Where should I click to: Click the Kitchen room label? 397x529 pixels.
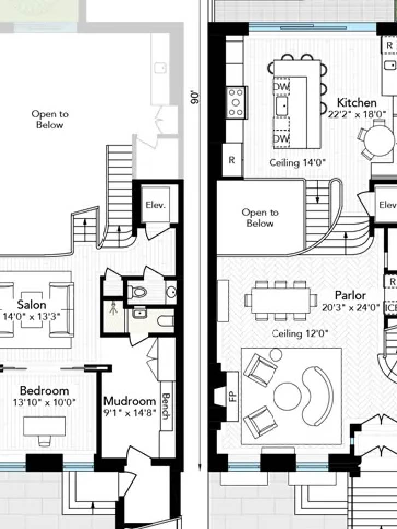click(357, 103)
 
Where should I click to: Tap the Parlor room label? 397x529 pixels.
click(351, 296)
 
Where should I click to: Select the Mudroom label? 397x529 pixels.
click(130, 401)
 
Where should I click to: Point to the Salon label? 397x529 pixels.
click(31, 305)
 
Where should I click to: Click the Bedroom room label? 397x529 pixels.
click(44, 391)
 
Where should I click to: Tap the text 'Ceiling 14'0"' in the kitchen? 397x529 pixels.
click(297, 163)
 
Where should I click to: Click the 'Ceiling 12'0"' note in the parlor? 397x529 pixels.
click(300, 334)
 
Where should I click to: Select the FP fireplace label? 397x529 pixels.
click(232, 396)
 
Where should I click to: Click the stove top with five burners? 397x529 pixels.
click(236, 103)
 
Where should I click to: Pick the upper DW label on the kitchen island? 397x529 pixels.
click(282, 86)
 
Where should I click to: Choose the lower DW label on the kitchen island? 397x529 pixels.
click(282, 139)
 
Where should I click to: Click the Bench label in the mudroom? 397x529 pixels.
click(165, 406)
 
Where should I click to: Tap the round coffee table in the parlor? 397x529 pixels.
click(287, 396)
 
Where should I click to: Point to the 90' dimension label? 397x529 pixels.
click(195, 97)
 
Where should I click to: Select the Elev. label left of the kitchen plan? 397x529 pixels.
click(155, 205)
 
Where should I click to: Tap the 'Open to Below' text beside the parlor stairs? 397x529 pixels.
click(260, 218)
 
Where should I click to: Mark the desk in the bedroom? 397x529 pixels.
click(44, 426)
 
